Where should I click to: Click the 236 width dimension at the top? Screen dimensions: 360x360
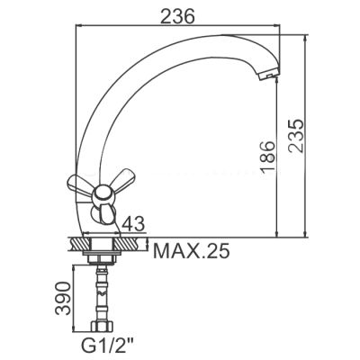pyautogui.click(x=177, y=15)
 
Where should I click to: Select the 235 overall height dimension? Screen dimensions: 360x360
pyautogui.click(x=296, y=136)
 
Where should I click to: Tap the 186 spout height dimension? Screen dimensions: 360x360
pyautogui.click(x=267, y=157)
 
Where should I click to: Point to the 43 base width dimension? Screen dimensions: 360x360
pyautogui.click(x=133, y=223)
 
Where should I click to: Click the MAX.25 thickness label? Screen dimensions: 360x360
pyautogui.click(x=191, y=251)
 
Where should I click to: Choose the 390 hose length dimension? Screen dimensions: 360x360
pyautogui.click(x=63, y=298)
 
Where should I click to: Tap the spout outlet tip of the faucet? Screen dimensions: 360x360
pyautogui.click(x=269, y=74)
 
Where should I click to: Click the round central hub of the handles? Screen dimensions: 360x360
pyautogui.click(x=102, y=194)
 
